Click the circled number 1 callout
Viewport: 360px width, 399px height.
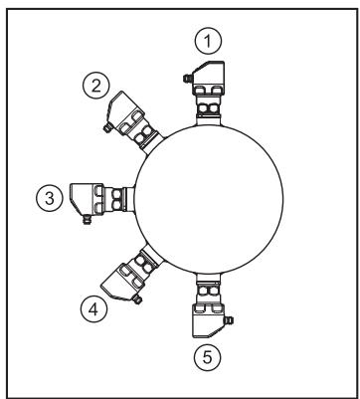[208, 41]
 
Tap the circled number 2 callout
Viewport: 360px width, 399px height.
[96, 87]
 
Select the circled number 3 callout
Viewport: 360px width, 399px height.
[50, 199]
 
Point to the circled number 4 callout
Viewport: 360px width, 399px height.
[93, 309]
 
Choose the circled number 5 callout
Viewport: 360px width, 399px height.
[207, 357]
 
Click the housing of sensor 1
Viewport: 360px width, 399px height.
[209, 78]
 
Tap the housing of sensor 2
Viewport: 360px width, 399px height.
[125, 112]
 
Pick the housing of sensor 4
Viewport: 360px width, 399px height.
[123, 284]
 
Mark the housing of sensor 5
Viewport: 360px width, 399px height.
[209, 321]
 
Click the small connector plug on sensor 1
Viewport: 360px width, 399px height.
[188, 79]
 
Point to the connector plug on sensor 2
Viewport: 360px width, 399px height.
[107, 127]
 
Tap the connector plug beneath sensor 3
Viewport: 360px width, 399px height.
[87, 220]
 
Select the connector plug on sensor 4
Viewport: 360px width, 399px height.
[137, 299]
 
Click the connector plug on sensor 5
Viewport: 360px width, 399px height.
[229, 320]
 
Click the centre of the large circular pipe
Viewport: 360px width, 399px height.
[209, 199]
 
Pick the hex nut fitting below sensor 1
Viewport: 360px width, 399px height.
[209, 107]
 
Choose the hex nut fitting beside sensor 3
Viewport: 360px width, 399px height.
[116, 199]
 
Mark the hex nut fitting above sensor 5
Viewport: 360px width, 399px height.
[208, 291]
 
